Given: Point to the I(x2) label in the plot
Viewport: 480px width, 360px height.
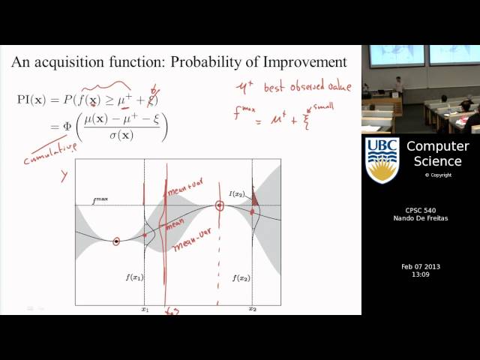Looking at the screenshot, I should pyautogui.click(x=238, y=194).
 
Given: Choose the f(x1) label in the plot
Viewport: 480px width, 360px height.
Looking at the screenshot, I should pyautogui.click(x=134, y=277).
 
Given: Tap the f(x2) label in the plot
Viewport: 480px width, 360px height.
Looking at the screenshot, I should pyautogui.click(x=241, y=277).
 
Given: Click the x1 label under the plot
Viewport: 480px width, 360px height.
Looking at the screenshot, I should pyautogui.click(x=145, y=309).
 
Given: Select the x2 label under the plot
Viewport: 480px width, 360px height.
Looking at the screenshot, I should pyautogui.click(x=253, y=309).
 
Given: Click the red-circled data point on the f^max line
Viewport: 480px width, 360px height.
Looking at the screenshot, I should pyautogui.click(x=220, y=205).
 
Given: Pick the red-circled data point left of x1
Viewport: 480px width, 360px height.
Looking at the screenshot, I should pyautogui.click(x=116, y=241).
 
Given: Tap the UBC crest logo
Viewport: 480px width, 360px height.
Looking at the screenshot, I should pyautogui.click(x=382, y=160).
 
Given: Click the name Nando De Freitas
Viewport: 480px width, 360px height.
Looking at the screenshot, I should pyautogui.click(x=420, y=218).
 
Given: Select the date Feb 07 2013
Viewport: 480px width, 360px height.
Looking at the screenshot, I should pyautogui.click(x=420, y=267).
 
